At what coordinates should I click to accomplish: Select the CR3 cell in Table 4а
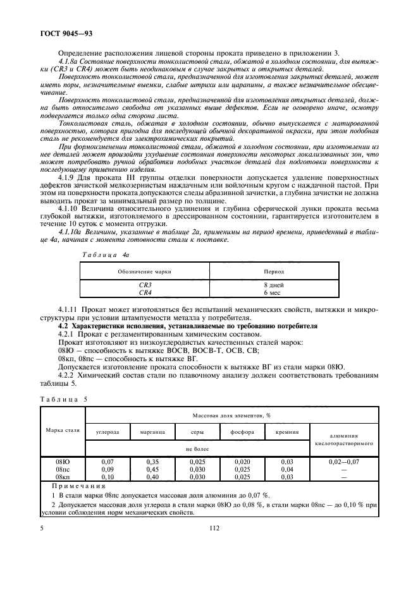[145, 285]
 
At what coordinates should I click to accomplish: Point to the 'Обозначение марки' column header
[145, 271]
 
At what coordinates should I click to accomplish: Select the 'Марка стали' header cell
[63, 429]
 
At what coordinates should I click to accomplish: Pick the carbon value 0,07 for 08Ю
[107, 462]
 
